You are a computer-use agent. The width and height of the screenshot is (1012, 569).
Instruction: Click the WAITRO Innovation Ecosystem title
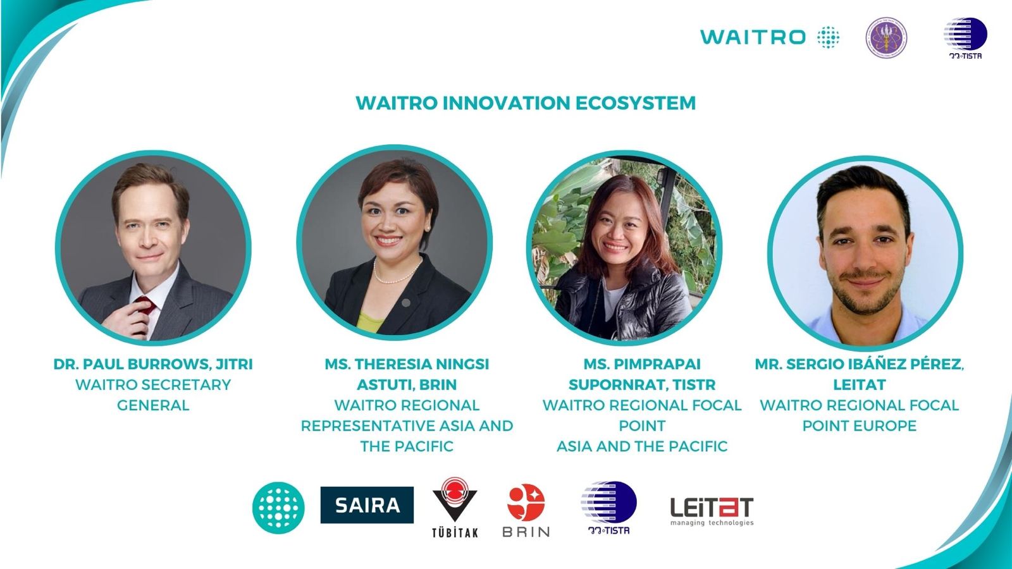click(526, 103)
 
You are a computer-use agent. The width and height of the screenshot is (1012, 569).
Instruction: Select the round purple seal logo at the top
click(885, 38)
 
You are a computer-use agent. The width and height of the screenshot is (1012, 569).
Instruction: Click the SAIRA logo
click(367, 505)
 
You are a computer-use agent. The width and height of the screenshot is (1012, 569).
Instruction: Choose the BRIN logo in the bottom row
click(526, 510)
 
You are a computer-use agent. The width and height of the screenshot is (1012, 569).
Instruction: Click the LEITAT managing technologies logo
click(712, 511)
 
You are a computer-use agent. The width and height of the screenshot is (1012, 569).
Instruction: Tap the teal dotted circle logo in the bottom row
click(278, 508)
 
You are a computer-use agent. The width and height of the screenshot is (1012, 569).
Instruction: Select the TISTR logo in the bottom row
click(608, 508)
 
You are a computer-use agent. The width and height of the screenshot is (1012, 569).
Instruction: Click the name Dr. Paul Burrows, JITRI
click(153, 364)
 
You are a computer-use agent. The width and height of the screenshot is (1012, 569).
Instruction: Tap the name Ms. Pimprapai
click(642, 364)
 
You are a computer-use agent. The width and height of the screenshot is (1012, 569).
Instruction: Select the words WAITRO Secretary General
click(153, 395)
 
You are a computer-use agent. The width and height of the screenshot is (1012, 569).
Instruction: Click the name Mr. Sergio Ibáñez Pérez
click(859, 364)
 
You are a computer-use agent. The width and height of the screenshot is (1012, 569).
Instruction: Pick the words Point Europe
click(859, 425)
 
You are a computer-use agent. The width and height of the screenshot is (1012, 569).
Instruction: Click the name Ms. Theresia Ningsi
click(407, 364)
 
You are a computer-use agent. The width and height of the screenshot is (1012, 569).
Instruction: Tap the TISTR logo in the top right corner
click(965, 38)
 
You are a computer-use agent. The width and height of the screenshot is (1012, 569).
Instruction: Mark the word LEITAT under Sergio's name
click(859, 384)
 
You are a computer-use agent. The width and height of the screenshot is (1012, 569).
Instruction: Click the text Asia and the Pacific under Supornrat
click(642, 446)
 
